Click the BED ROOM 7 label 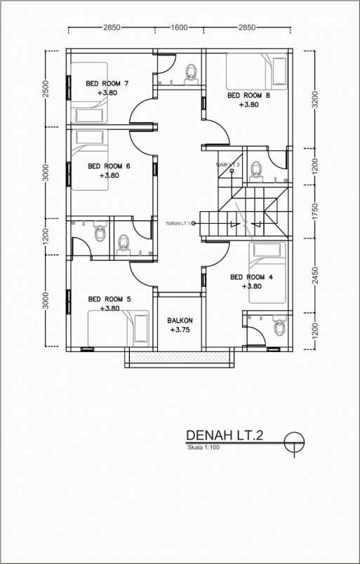point(107,83)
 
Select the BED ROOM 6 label point(109,166)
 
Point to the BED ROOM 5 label point(109,300)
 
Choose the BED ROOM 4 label point(251,277)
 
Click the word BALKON point(180,321)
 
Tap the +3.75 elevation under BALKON point(180,330)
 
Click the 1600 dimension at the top point(179,27)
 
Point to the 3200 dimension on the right point(315,99)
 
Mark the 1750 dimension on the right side point(315,210)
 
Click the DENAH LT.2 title point(225,436)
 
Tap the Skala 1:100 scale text point(204,448)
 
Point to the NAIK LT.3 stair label point(228,165)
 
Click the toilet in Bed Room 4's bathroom point(279,327)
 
